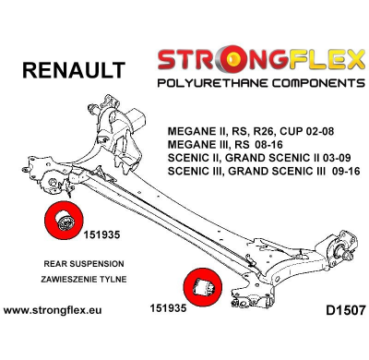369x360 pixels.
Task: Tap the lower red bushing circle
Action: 204,286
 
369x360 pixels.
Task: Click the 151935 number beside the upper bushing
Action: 106,234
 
